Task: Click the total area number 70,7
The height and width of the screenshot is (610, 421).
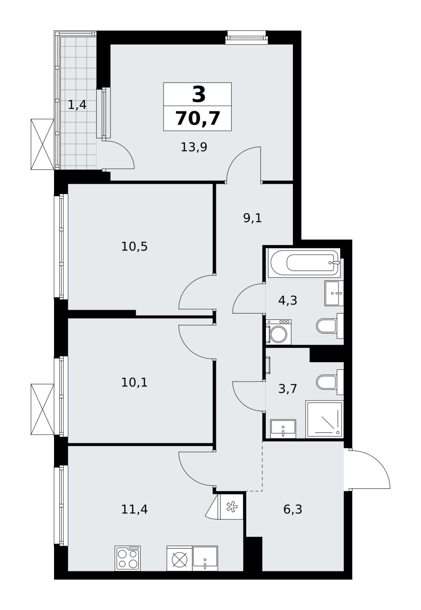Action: (198, 118)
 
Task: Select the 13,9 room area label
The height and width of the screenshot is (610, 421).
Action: (194, 147)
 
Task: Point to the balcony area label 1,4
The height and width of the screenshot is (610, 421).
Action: (77, 105)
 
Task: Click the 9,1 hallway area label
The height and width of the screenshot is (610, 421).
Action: (253, 218)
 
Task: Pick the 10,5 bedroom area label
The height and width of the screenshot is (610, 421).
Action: (134, 247)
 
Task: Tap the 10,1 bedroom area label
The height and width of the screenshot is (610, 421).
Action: (134, 382)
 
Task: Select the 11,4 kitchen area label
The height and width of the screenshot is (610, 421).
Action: (134, 509)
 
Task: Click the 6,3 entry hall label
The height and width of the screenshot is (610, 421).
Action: (293, 509)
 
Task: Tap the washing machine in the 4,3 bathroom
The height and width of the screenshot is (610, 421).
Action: (279, 332)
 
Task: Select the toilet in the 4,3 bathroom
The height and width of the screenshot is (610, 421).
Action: (330, 326)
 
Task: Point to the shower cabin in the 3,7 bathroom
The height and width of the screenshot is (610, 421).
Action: (324, 420)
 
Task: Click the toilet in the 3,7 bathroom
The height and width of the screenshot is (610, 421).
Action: (330, 382)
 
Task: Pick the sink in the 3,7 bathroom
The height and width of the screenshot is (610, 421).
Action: (283, 429)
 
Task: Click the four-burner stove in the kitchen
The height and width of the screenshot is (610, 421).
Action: (128, 558)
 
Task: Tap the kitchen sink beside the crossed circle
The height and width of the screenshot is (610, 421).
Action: (205, 558)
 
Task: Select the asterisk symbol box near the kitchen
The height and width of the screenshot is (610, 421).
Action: (231, 507)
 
